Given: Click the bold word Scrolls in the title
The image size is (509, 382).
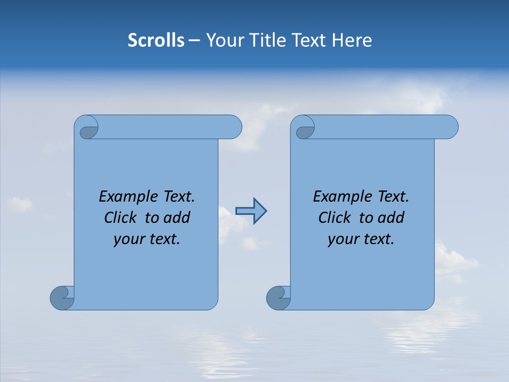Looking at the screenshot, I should click(x=156, y=40).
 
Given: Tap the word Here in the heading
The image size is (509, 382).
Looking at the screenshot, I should click(x=352, y=40).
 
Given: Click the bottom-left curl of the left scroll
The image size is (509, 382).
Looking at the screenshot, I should click(x=62, y=298).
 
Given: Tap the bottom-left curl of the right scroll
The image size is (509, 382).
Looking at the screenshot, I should click(x=278, y=298).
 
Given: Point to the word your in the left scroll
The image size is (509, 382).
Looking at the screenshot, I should click(x=127, y=240).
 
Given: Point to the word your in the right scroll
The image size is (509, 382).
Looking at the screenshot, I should click(x=341, y=240).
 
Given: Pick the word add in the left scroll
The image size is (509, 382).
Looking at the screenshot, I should click(x=177, y=218).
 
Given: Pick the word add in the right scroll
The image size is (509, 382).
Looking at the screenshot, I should click(x=391, y=218).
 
